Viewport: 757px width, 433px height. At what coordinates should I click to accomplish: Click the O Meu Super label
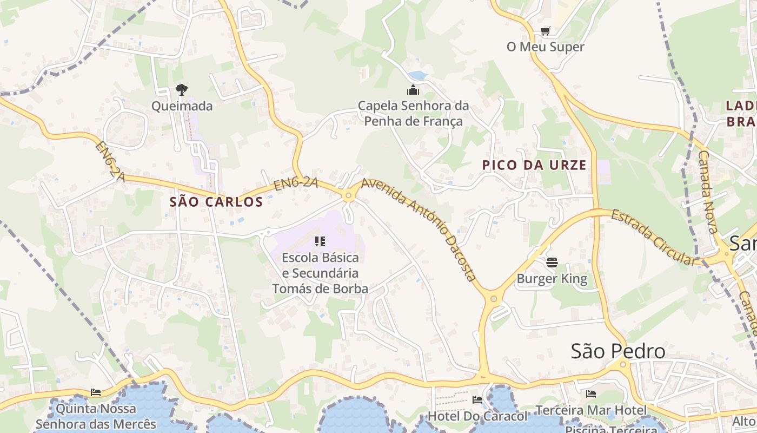[x=545, y=47]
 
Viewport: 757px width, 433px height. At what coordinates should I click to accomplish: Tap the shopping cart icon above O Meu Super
[x=545, y=31]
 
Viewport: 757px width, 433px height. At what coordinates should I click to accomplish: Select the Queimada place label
[x=182, y=106]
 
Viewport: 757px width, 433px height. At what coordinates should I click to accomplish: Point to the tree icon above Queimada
[x=182, y=90]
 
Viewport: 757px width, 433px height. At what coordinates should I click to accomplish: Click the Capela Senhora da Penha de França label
[x=413, y=113]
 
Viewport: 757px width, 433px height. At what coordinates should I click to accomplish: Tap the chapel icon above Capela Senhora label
[x=413, y=90]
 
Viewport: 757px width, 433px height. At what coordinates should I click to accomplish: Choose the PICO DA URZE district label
[x=534, y=165]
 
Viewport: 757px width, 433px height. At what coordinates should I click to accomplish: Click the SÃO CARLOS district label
[x=216, y=202]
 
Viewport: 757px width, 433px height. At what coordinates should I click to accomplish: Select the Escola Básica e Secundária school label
[x=320, y=273]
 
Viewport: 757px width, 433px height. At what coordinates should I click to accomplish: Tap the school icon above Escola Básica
[x=320, y=241]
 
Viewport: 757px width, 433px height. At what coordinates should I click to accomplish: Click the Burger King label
[x=552, y=279]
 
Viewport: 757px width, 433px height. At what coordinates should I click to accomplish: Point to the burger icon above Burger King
[x=552, y=263]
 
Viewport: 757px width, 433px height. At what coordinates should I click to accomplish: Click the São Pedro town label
[x=618, y=351]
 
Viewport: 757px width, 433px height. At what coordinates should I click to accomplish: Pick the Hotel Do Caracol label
[x=477, y=416]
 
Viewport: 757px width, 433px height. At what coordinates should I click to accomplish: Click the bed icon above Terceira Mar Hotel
[x=591, y=394]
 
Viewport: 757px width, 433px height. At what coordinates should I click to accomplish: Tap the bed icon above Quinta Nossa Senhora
[x=96, y=392]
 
